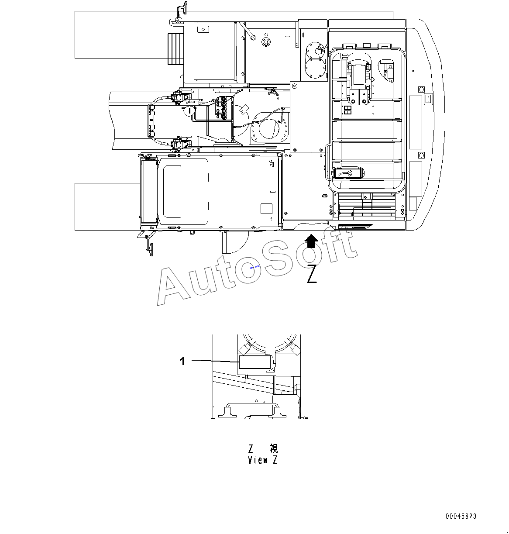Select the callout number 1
(182, 361)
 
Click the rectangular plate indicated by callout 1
(254, 362)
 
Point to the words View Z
(263, 460)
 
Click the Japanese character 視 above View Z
(274, 448)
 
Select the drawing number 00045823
(461, 516)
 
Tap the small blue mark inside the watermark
(255, 267)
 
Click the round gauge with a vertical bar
(189, 111)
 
